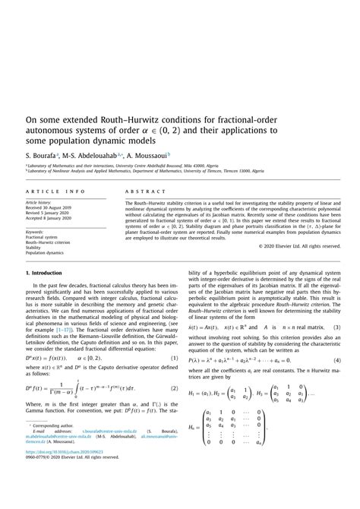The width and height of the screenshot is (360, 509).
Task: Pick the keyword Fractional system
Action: pyautogui.click(x=43, y=236)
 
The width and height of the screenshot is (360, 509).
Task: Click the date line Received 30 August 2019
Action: pyautogui.click(x=52, y=210)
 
